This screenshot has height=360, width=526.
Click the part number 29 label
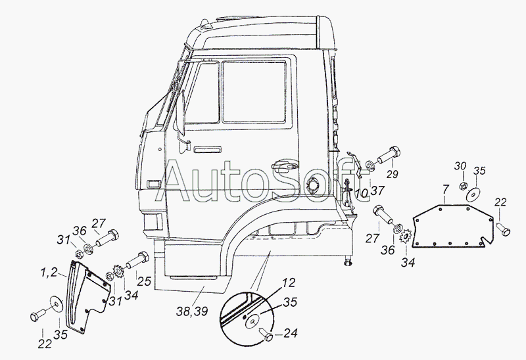(392, 174)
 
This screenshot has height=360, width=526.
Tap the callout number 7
(445, 189)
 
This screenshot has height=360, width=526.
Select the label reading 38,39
(192, 311)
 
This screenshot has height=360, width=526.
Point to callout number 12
(288, 282)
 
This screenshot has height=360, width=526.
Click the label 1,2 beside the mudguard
(49, 273)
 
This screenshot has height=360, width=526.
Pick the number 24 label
(290, 333)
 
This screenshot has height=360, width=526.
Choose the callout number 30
(461, 166)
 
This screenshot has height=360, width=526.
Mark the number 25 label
(144, 281)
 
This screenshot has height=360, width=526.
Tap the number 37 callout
(377, 191)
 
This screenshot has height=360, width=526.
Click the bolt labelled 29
(389, 156)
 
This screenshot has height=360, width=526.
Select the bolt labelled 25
(137, 259)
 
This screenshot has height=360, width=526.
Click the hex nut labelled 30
(463, 186)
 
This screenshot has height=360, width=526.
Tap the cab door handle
(285, 165)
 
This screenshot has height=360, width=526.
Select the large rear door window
(254, 91)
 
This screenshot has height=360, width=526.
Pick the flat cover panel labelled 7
(453, 227)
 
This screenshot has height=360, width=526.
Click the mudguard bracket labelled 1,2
(88, 296)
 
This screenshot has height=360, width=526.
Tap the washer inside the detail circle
(254, 321)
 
